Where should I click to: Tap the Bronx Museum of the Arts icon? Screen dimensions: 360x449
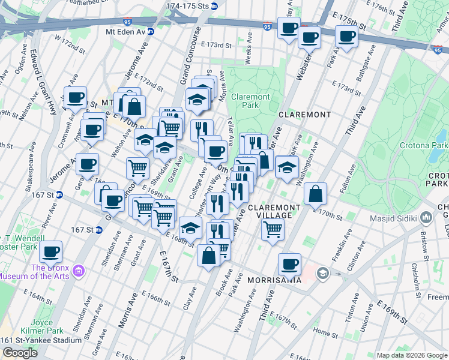(x=78, y=272)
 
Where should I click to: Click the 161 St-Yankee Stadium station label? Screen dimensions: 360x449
(x=41, y=340)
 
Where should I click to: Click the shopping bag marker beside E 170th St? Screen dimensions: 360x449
(x=315, y=193)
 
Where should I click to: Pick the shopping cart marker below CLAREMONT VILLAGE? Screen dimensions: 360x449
(x=273, y=229)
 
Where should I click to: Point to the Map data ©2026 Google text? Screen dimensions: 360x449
(x=411, y=355)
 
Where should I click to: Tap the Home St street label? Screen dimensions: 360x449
(x=325, y=332)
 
